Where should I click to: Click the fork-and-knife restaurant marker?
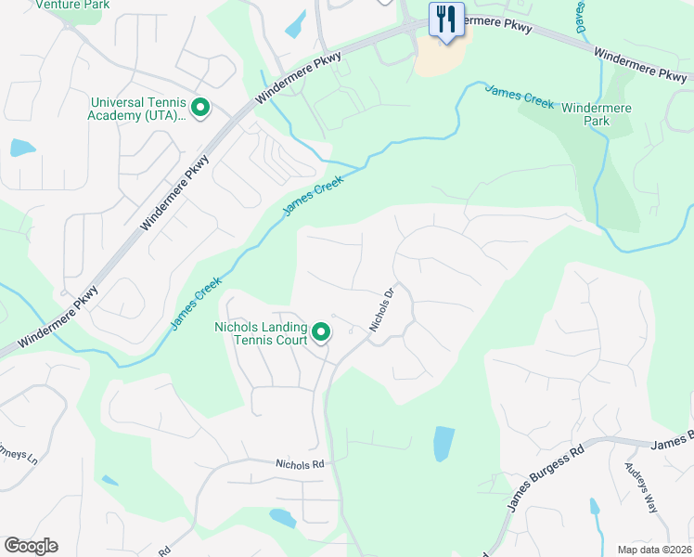[x=446, y=19]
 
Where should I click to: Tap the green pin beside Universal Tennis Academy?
[x=199, y=110]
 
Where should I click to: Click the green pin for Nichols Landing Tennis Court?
[x=321, y=331]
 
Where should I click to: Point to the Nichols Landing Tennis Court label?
[x=261, y=333]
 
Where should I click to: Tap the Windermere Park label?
[x=597, y=115]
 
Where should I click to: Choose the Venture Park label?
[x=72, y=5]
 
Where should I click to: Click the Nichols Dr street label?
[x=382, y=309]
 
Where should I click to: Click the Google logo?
[x=31, y=546]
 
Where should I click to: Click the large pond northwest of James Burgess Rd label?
[x=444, y=444]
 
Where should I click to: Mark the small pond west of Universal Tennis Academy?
[x=22, y=148]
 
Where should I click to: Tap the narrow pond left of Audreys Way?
[x=594, y=508]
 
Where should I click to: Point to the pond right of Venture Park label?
[x=295, y=23]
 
